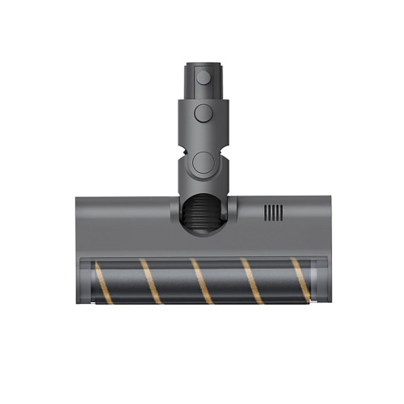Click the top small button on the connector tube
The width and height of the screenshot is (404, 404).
(203, 78)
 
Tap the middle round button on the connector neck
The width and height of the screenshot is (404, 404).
(202, 112)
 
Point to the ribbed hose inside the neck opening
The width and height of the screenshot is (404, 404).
(202, 218)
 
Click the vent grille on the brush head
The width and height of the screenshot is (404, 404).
(273, 213)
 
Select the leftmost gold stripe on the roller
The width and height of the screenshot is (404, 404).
(103, 283)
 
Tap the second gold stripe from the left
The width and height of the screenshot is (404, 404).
(152, 281)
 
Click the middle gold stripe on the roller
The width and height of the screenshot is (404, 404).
(201, 281)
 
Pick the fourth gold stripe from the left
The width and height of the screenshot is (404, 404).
(252, 281)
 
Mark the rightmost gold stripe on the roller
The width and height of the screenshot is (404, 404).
(300, 281)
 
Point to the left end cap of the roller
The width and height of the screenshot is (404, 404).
(88, 282)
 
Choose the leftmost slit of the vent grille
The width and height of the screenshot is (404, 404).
(266, 213)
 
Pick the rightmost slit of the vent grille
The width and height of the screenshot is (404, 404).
(281, 213)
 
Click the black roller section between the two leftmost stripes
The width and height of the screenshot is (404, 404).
(128, 282)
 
